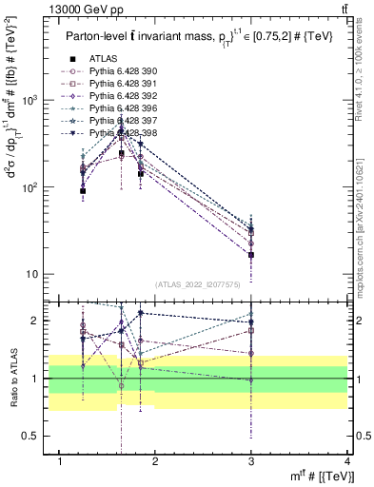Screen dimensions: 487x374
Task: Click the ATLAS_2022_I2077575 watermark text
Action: point(204,283)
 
